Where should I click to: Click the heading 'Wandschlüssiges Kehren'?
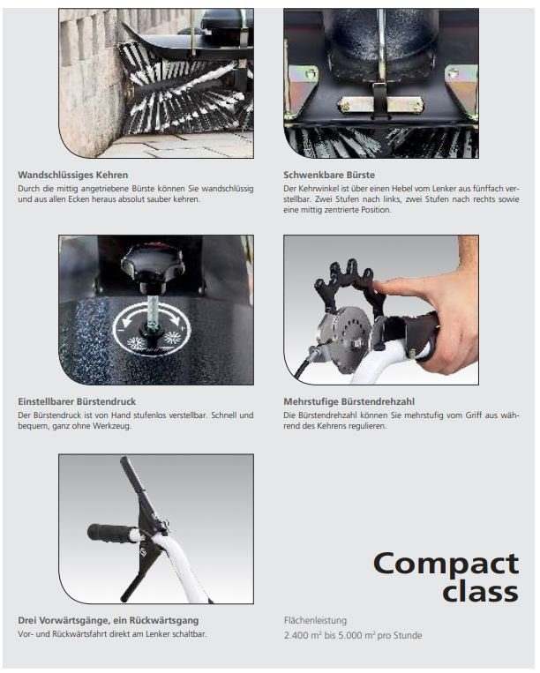73,176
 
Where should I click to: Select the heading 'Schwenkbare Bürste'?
329,176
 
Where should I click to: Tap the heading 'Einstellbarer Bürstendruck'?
77,401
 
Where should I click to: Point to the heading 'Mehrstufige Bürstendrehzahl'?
349,401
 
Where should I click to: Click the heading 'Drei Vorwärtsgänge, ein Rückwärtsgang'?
109,621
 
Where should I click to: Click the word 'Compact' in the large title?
446,564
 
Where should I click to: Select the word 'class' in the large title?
480,592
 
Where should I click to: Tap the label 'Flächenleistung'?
315,621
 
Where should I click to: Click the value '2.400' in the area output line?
296,636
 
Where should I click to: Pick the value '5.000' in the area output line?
350,636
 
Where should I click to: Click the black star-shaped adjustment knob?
153,266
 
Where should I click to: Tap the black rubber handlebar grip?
111,532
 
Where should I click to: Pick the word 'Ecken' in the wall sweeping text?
79,199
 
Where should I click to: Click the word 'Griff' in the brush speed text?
474,415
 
